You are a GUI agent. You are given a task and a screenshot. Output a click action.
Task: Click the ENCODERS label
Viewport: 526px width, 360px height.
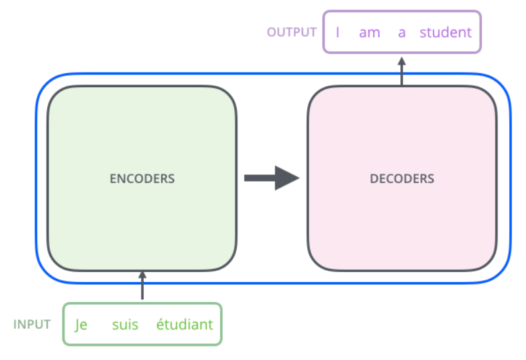click(142, 178)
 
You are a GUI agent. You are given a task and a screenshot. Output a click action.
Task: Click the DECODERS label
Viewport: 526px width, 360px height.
click(402, 178)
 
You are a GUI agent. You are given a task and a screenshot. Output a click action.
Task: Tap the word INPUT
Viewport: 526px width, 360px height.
click(32, 325)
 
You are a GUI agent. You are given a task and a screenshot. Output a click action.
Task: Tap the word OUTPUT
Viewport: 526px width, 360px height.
click(291, 32)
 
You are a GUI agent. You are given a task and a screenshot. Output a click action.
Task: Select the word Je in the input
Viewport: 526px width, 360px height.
click(81, 325)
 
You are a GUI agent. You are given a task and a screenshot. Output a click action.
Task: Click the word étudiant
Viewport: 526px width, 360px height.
click(184, 325)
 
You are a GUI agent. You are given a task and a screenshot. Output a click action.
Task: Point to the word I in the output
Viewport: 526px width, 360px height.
click(338, 32)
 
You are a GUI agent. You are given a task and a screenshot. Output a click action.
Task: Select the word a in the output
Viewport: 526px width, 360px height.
click(402, 32)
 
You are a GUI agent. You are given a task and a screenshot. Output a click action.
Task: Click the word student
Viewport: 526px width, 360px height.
click(446, 32)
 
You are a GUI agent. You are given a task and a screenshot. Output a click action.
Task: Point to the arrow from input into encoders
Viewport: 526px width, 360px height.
click(142, 286)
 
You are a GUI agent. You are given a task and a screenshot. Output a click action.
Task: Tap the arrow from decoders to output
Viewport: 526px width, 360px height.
click(402, 71)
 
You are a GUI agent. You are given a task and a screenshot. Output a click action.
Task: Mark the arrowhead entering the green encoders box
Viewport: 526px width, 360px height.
click(142, 275)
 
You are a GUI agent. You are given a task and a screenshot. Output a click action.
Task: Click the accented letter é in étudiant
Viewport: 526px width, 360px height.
click(160, 324)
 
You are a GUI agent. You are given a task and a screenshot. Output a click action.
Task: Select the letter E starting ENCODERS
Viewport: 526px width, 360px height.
click(112, 178)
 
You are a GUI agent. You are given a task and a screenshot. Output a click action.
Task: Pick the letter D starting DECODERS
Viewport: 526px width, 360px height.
click(373, 178)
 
